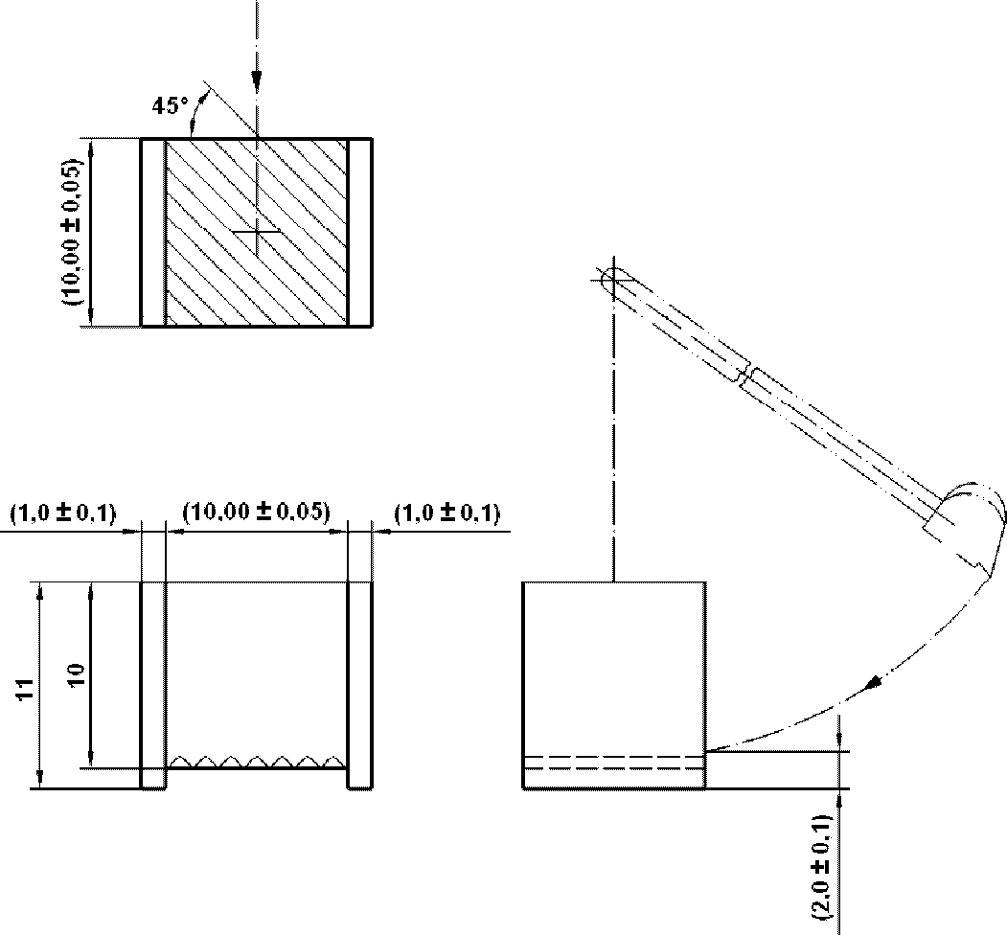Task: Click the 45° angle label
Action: point(171,106)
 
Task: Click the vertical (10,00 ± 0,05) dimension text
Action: point(73,231)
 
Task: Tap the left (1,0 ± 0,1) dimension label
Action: point(63,513)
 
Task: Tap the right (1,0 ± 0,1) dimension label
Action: point(447,513)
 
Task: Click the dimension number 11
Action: point(25,689)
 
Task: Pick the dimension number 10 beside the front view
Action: point(76,675)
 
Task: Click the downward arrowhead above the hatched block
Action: point(256,80)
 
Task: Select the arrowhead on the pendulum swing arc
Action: point(874,683)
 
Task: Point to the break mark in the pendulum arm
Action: point(747,376)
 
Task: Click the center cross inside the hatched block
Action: point(256,231)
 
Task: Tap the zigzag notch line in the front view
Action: point(256,761)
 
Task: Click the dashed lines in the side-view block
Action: point(614,763)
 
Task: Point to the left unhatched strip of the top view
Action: point(153,232)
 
